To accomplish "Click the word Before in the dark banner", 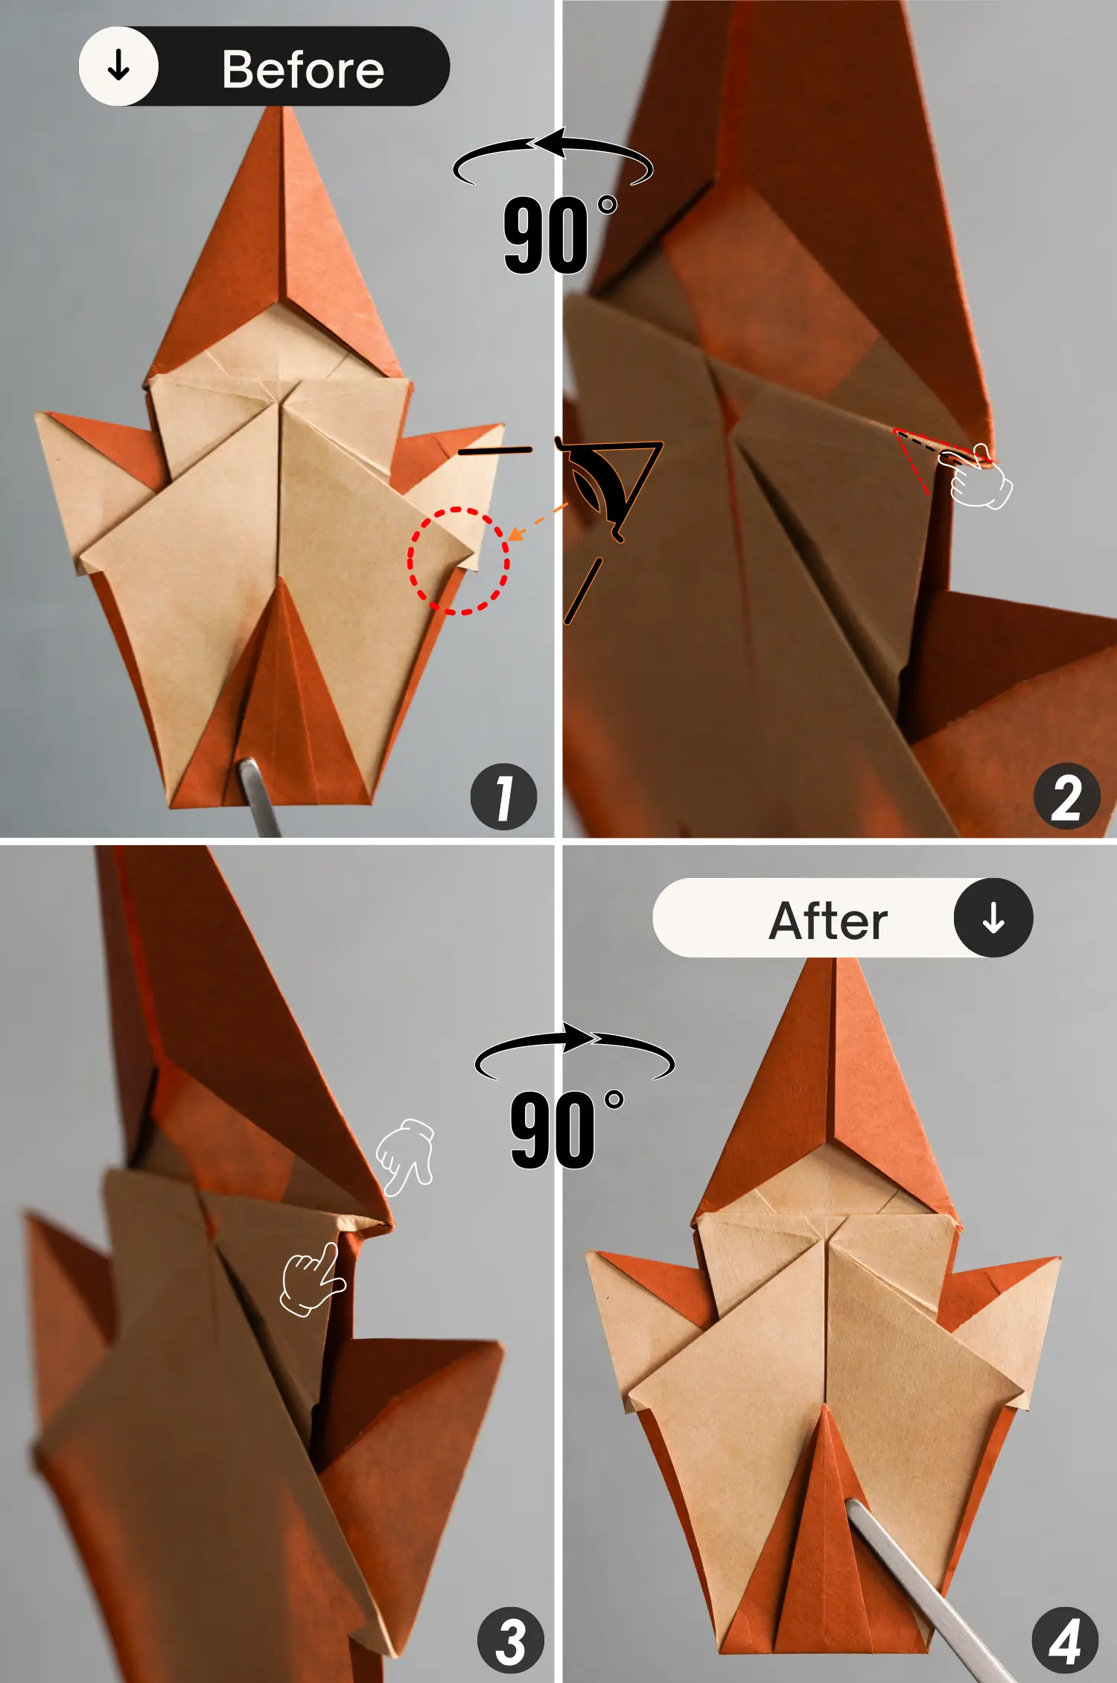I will [302, 70].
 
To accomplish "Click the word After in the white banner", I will [827, 921].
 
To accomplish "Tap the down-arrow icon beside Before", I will [119, 67].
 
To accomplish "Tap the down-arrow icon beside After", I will [993, 917].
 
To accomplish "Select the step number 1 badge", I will [503, 797].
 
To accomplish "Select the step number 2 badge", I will [1066, 797].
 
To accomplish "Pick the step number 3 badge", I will [510, 1641].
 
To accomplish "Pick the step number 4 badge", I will [1065, 1641].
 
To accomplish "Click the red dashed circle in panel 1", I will [458, 560].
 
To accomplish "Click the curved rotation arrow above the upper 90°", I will [553, 153].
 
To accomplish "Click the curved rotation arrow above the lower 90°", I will [573, 1046].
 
